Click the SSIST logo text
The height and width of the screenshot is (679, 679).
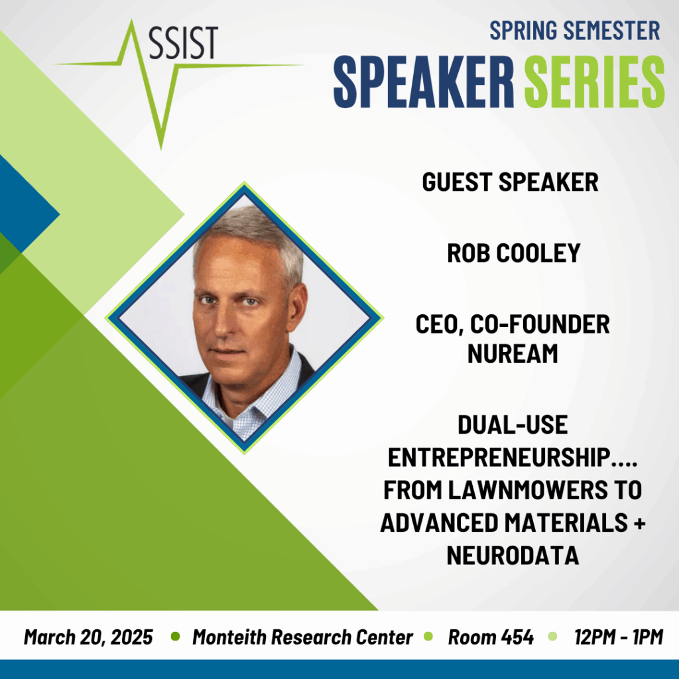183,42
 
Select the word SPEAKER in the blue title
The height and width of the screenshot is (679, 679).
424,82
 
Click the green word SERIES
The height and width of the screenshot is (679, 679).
594,82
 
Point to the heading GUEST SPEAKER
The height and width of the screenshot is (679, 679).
510,182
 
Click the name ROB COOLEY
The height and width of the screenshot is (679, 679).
514,253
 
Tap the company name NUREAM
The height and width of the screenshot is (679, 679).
513,354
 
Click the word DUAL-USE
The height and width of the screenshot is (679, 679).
513,425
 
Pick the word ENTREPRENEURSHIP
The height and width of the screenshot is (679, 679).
499,458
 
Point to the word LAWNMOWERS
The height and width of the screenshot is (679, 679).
528,490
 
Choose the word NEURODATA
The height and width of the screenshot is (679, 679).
513,556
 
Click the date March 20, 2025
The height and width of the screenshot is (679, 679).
88,637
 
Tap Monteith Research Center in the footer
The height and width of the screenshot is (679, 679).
302,637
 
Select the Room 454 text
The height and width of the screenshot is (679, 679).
491,637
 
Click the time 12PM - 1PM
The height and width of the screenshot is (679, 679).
619,637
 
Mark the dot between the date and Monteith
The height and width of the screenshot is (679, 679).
175,637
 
